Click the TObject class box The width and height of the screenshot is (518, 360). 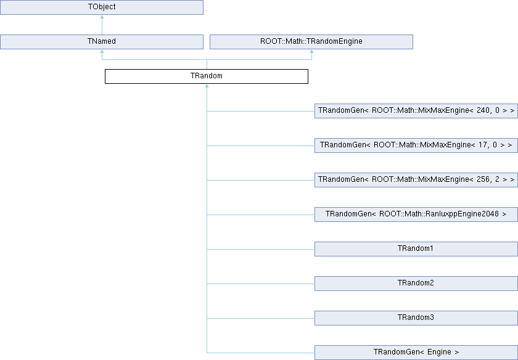point(102,7)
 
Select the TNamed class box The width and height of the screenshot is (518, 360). point(102,42)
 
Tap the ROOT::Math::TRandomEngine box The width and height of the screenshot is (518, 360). point(311,42)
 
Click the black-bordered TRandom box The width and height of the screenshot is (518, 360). point(207,76)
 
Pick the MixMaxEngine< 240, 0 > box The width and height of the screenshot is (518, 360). point(416,111)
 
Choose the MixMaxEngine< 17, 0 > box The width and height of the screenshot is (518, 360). point(416,145)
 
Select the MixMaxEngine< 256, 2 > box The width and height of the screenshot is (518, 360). point(416,180)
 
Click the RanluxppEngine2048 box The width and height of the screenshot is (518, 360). point(416,215)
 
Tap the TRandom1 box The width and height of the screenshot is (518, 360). point(416,249)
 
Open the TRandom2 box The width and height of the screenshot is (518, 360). point(416,284)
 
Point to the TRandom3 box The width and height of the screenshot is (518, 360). point(416,318)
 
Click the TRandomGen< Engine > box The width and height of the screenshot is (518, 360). point(416,353)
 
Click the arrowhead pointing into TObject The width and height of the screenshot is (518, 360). point(102,17)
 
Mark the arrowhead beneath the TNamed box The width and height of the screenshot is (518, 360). point(102,51)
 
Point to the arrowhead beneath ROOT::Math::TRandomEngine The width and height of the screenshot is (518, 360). point(311,51)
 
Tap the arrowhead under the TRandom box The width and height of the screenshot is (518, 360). point(207,86)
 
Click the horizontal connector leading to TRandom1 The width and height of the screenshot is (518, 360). point(261,250)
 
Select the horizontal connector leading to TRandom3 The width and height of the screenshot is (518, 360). point(261,318)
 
